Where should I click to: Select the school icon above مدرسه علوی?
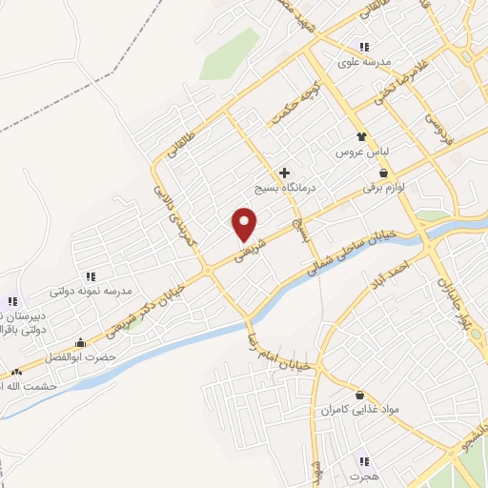coord(363,47)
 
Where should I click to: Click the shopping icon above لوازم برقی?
coord(383,173)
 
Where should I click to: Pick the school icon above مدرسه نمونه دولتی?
coord(91,275)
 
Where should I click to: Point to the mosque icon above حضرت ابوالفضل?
coord(79,342)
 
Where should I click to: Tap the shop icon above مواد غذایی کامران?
coord(359,395)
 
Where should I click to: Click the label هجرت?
coord(362,474)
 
